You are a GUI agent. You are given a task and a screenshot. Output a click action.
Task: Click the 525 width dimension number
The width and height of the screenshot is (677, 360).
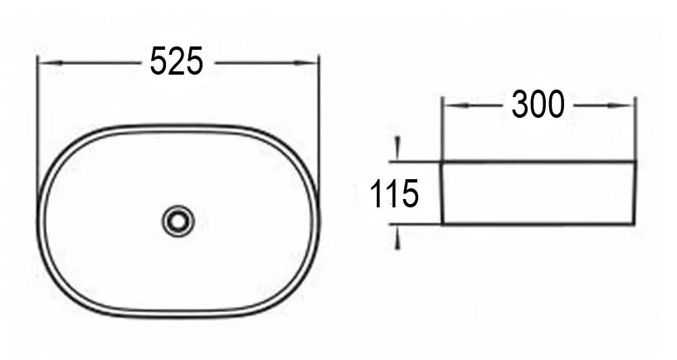tap(177, 61)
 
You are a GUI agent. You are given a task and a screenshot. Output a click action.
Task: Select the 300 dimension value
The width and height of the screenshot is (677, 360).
tap(538, 105)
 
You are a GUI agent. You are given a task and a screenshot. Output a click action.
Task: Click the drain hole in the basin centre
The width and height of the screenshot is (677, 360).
tap(178, 221)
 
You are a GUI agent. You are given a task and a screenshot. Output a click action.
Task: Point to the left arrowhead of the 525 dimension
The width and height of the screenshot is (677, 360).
tap(46, 62)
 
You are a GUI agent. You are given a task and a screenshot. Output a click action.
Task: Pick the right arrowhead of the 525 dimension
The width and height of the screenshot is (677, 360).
tap(311, 62)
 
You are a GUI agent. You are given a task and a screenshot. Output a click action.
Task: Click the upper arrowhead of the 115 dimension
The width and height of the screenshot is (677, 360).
tap(398, 152)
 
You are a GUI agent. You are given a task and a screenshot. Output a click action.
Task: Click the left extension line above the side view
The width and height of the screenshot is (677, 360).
tap(442, 129)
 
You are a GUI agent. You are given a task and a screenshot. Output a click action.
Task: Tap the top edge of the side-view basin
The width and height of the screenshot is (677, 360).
tap(539, 162)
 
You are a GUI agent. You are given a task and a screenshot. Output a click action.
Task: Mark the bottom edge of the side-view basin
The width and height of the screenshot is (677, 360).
tap(539, 224)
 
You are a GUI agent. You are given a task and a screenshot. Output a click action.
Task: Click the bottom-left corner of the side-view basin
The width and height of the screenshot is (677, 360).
tap(443, 223)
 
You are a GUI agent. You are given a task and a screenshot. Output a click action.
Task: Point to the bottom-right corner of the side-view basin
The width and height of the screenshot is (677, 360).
tap(634, 223)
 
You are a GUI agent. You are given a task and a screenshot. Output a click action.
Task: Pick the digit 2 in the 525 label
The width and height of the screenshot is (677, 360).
tap(177, 61)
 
